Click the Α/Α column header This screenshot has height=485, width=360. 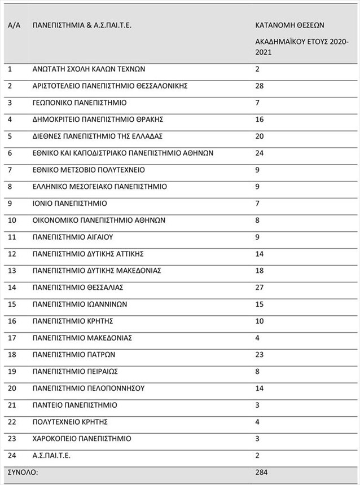pos(14,26)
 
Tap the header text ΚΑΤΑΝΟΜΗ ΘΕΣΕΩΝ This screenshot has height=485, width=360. pos(289,26)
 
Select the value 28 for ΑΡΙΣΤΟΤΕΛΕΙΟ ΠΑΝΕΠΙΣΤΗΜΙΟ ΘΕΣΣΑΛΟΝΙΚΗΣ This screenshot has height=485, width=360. pos(260,86)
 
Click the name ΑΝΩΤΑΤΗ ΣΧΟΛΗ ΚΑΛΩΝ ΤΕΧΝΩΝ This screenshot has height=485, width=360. pos(89,69)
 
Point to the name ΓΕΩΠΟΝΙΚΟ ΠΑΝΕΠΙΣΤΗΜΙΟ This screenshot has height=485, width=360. pos(80,103)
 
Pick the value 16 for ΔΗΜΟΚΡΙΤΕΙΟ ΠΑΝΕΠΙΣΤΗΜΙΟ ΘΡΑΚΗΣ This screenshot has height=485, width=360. pos(260,120)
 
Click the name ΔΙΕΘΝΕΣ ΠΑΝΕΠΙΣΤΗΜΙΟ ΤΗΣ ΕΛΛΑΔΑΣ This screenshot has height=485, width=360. pos(98,136)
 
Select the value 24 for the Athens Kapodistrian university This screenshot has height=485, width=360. pos(260,153)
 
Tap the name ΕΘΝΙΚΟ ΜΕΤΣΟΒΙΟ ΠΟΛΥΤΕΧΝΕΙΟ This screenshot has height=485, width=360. pos(89,170)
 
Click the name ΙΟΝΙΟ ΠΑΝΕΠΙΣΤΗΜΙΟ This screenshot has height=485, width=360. pos(70,203)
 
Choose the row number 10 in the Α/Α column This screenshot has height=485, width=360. pos(12,220)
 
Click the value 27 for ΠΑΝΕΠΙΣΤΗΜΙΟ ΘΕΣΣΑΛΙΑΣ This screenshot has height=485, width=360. pos(260,287)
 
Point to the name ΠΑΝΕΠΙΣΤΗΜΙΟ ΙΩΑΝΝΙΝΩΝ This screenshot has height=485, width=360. pos(80,304)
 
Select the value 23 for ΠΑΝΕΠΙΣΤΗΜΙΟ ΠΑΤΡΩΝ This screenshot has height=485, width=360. pos(260,355)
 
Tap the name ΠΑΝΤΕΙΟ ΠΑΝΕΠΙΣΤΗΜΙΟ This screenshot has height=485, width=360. pos(75,405)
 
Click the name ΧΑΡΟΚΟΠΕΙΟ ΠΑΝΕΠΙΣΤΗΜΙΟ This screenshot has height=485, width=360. pos(82,438)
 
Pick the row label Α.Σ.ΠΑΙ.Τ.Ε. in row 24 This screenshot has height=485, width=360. pos(52,455)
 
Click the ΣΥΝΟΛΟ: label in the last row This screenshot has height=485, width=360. pos(23,472)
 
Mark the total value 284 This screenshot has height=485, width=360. pos(261,472)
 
